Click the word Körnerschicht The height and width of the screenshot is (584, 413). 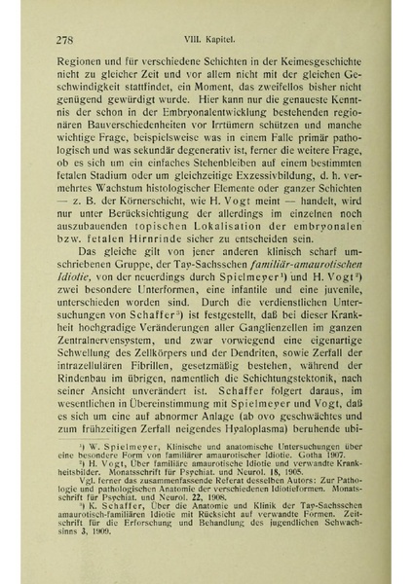coord(136,210)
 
